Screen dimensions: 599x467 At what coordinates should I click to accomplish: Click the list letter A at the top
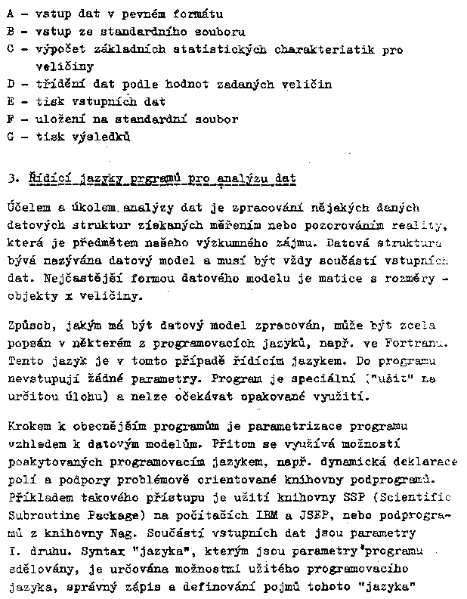(x=10, y=14)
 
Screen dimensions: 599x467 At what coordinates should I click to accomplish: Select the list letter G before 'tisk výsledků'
(x=11, y=137)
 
